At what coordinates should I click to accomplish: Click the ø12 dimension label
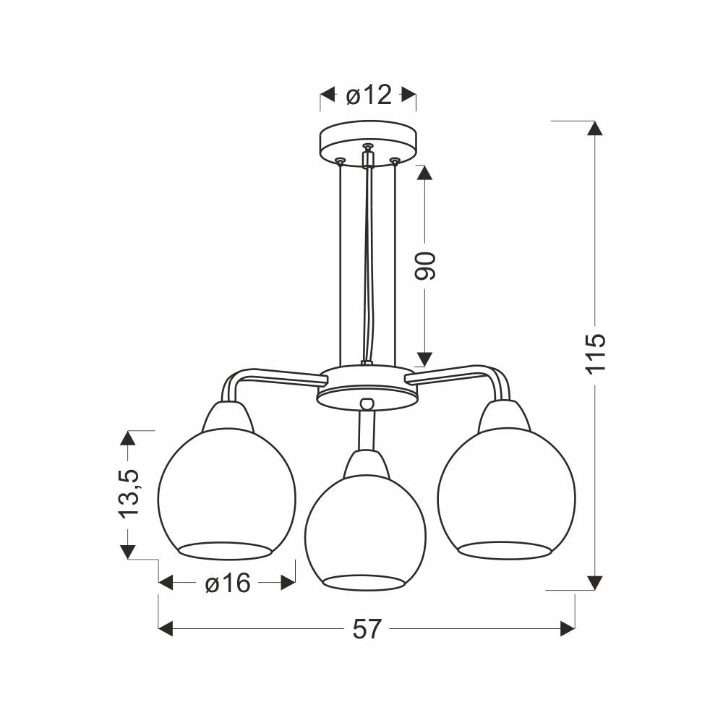point(369,95)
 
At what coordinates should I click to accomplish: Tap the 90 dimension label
point(425,267)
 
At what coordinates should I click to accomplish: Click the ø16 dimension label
point(227,583)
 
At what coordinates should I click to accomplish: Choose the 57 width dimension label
point(367,629)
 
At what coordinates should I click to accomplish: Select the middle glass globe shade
point(365,533)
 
